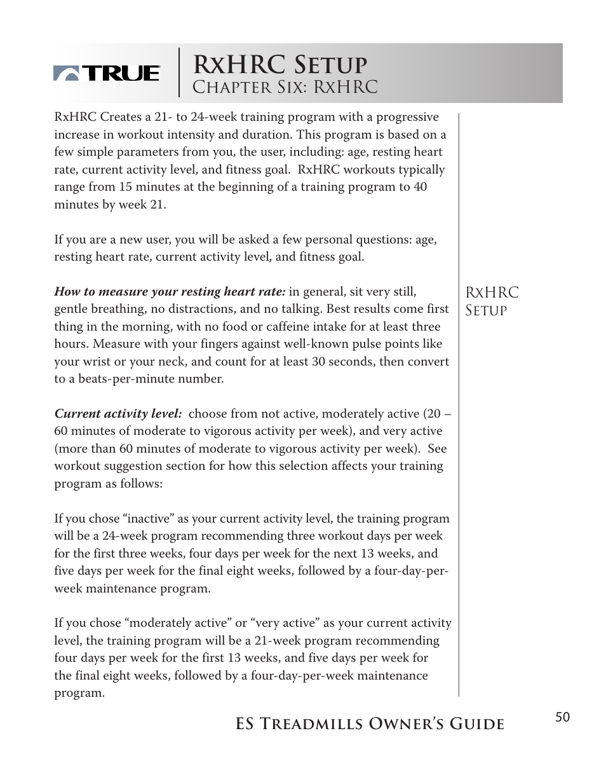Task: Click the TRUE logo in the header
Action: (x=106, y=74)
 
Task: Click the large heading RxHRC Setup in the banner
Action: (x=279, y=64)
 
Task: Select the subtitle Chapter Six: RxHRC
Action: (x=285, y=87)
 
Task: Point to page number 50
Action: (x=562, y=718)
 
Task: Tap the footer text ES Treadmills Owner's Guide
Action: (x=370, y=724)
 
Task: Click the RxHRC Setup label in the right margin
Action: (x=492, y=301)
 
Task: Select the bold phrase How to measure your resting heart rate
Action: (x=170, y=292)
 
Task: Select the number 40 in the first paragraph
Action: (x=420, y=188)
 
